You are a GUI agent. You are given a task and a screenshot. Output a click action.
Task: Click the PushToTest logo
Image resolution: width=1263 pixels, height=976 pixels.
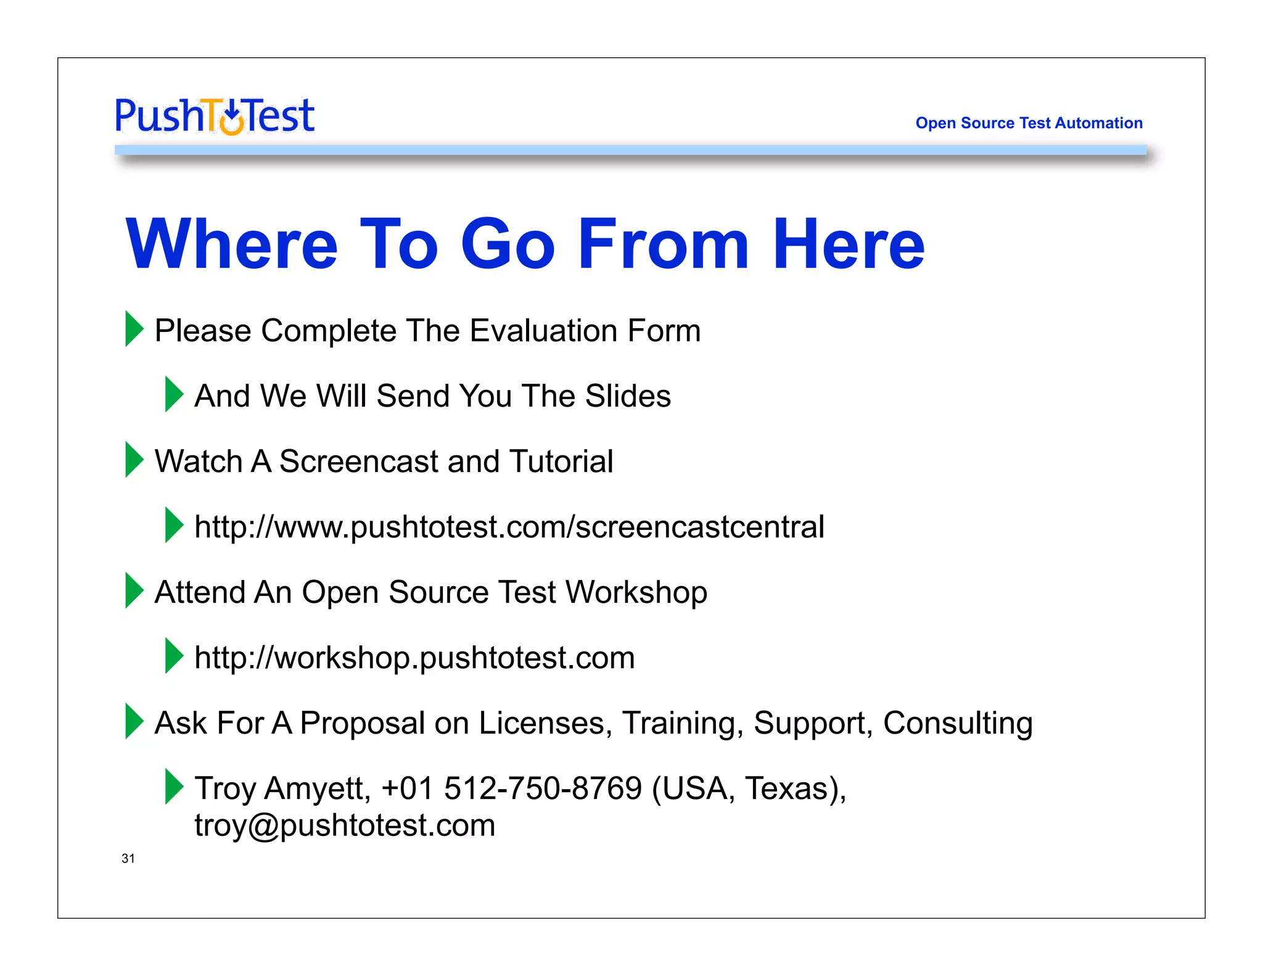point(215,116)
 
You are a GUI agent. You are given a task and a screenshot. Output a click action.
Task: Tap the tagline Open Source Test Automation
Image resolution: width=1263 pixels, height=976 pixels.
point(1028,123)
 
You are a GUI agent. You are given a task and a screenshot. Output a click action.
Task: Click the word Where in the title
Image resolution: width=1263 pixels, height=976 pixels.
point(231,244)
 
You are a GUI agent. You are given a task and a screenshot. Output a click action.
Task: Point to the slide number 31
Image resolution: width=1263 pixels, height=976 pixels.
point(128,858)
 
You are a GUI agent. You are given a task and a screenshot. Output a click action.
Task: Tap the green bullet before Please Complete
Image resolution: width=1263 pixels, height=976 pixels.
point(134,329)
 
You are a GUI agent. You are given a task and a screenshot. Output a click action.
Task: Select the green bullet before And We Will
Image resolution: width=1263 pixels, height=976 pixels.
point(174,394)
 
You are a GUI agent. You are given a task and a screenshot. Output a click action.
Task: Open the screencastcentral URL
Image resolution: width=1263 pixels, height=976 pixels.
point(509,527)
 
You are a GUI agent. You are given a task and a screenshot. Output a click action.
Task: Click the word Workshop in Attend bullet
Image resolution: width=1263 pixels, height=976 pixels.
point(636,592)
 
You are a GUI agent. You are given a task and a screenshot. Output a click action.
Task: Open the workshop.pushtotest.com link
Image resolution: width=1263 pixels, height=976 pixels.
point(414,658)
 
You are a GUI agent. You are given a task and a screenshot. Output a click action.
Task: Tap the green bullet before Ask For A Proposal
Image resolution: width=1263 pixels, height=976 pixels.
point(134,721)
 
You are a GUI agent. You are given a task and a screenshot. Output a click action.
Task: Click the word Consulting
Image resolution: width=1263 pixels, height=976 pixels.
point(957,723)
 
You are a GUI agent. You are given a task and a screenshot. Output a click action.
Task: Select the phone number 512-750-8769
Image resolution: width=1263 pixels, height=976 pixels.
point(543,788)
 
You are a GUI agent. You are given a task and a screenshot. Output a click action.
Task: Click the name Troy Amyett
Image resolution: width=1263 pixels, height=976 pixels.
point(282,788)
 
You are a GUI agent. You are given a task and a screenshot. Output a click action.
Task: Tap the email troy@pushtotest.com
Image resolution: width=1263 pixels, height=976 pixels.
point(345,825)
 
